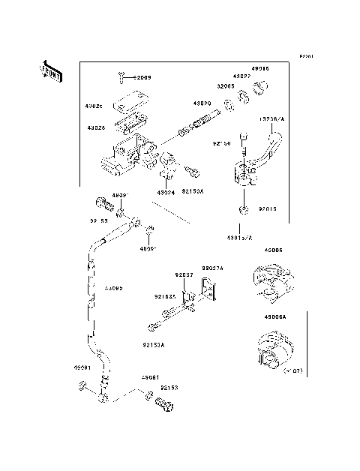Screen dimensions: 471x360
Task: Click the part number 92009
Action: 142,77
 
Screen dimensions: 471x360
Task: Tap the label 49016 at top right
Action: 260,68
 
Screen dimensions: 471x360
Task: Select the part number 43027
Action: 241,76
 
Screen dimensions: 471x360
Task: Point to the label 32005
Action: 226,85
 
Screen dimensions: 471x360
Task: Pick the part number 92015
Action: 268,211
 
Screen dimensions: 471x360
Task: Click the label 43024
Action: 166,193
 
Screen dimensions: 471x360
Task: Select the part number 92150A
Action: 193,193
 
